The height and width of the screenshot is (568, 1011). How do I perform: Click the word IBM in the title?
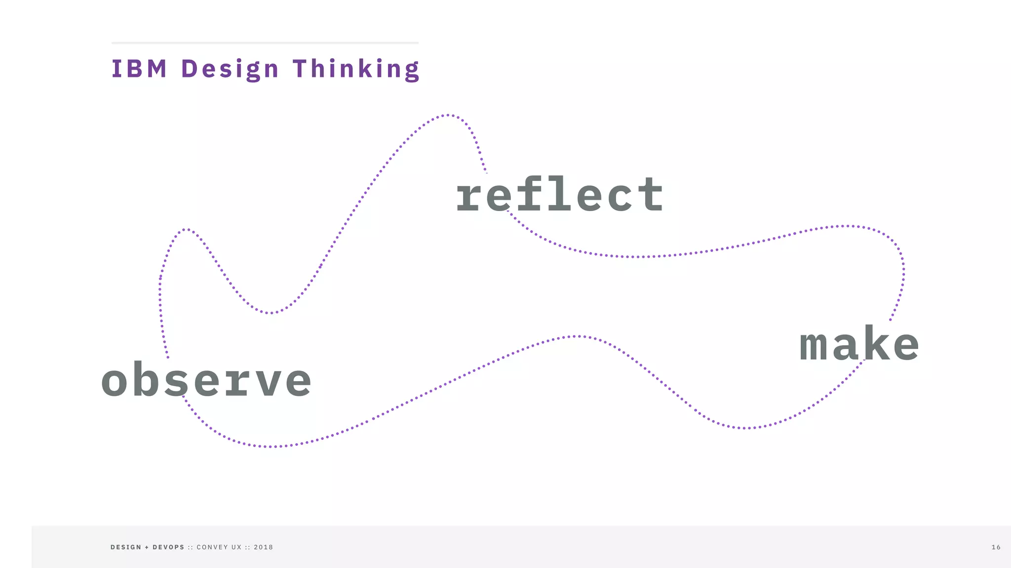[x=139, y=69]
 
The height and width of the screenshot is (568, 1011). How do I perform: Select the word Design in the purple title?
[x=230, y=69]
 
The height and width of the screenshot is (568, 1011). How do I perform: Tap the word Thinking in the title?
[x=356, y=69]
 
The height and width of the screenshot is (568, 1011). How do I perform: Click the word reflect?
[x=559, y=195]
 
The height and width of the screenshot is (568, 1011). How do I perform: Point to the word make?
[x=859, y=344]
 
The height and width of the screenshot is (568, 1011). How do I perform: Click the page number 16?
[x=996, y=547]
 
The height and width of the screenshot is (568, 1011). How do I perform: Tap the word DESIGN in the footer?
[x=126, y=547]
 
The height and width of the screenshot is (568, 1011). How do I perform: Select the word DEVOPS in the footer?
[x=168, y=547]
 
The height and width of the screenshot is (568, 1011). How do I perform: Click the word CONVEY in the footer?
[x=212, y=547]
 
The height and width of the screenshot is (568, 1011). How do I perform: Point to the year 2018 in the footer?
[x=263, y=547]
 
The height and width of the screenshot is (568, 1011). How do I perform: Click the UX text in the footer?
[x=236, y=547]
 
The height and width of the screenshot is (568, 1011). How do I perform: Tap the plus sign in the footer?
[x=147, y=547]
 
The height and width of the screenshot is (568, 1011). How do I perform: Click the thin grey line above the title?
[x=265, y=43]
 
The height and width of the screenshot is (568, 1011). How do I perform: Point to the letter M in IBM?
[x=157, y=69]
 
